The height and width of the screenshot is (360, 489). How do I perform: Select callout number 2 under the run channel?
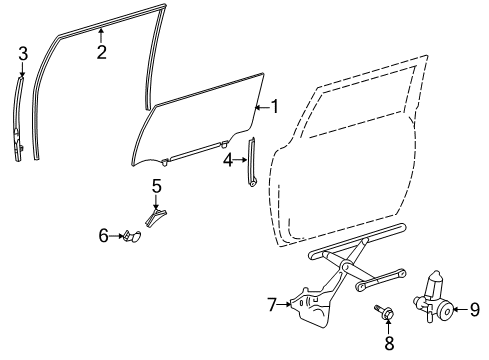(101, 53)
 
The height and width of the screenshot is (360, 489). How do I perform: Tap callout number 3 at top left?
(23, 52)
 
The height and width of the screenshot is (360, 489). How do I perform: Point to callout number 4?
(228, 159)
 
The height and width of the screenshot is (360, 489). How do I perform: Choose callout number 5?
(157, 185)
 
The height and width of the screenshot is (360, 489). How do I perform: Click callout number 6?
(104, 237)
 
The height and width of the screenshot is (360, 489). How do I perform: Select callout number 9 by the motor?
(476, 308)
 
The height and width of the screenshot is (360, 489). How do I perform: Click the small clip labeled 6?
(131, 237)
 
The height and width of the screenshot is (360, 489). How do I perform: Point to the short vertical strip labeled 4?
(251, 162)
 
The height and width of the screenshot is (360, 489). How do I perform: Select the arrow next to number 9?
(462, 308)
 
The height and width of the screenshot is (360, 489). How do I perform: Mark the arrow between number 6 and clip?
(116, 237)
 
